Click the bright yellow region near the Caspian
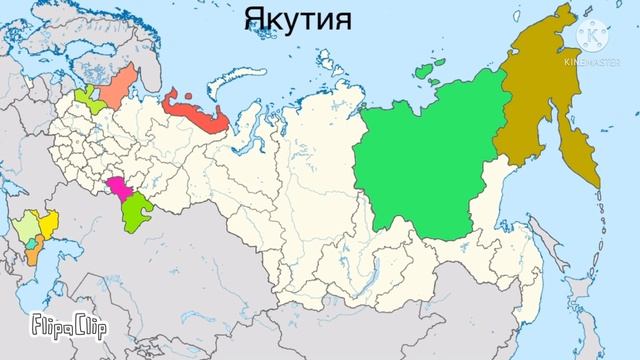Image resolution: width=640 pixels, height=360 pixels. coord(45,226)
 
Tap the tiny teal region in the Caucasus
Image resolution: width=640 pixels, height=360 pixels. coord(30,241)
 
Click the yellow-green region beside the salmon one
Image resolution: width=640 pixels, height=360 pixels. coord(87,101)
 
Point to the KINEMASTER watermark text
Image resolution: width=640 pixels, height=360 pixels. coord(597,62)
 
